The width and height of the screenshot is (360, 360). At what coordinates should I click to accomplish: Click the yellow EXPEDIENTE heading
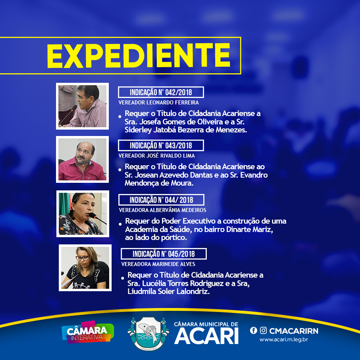click(139, 56)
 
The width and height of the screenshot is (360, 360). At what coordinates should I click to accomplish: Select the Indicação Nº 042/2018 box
click(161, 92)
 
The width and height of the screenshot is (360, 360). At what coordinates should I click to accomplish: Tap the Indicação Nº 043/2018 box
click(161, 146)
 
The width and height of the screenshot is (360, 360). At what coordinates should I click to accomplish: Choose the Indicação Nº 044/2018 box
click(161, 200)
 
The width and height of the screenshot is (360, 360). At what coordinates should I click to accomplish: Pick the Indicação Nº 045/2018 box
click(164, 254)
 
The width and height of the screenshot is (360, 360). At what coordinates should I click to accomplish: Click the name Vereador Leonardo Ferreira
click(159, 103)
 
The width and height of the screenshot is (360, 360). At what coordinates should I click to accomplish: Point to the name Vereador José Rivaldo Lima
click(156, 156)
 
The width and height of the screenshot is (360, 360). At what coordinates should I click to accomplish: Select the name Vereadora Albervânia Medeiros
click(162, 210)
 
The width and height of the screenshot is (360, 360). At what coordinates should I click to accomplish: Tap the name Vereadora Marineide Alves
click(158, 264)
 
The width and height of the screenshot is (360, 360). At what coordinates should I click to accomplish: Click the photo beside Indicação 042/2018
click(82, 106)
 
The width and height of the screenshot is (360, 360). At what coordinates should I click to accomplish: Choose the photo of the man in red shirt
click(82, 159)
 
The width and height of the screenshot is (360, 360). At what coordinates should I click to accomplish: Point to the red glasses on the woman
click(82, 258)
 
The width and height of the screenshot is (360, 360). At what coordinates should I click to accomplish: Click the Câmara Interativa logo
click(88, 332)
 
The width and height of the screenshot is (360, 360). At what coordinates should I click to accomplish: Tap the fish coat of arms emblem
click(148, 334)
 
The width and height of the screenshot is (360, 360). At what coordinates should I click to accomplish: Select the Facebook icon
click(254, 330)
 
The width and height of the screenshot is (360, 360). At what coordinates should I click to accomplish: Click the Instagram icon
click(263, 330)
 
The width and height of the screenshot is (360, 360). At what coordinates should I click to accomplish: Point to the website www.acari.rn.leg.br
click(284, 340)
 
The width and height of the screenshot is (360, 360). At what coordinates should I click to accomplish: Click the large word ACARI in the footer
click(206, 336)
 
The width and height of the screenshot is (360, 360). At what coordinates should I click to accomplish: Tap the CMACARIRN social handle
click(294, 331)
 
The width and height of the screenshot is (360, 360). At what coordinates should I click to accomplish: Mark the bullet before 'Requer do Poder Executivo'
click(120, 224)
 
